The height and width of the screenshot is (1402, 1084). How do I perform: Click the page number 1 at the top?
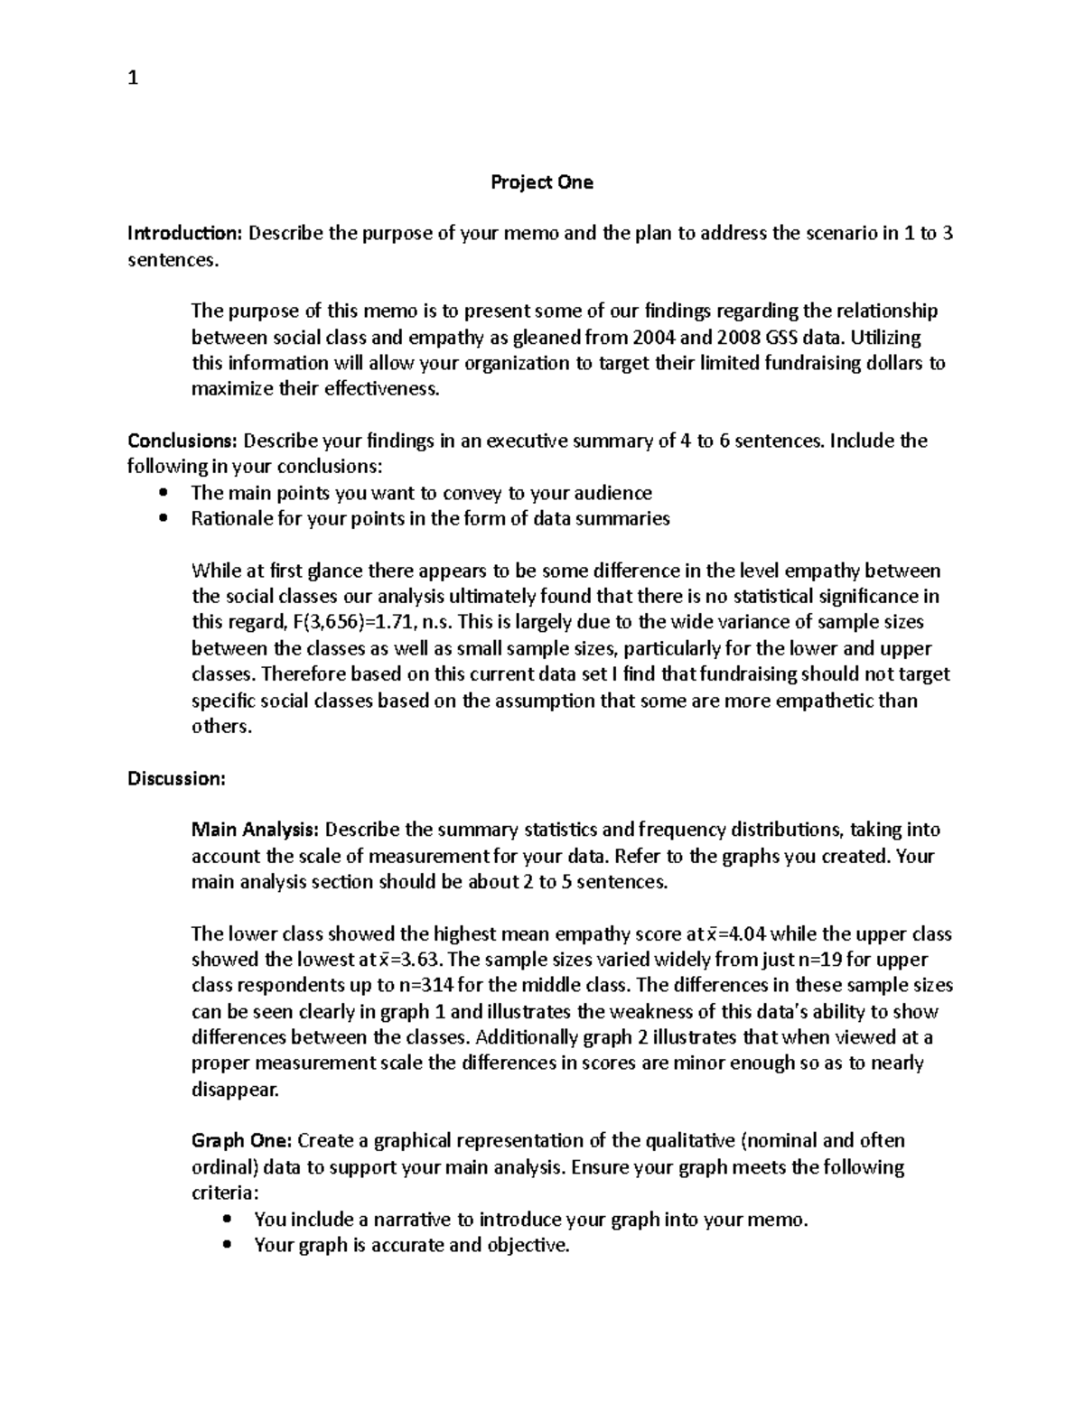(x=133, y=79)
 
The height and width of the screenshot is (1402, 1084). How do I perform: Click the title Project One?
(x=541, y=182)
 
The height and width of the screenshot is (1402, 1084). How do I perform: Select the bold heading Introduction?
(x=185, y=234)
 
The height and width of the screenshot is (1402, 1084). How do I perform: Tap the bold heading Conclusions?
(x=183, y=441)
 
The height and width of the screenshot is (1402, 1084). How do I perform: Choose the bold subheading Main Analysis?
(x=255, y=830)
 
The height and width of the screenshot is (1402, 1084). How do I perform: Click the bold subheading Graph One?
(x=241, y=1141)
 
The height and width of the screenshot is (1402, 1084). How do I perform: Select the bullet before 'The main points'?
(x=163, y=493)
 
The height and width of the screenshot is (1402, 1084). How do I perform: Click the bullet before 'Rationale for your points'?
(x=163, y=519)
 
